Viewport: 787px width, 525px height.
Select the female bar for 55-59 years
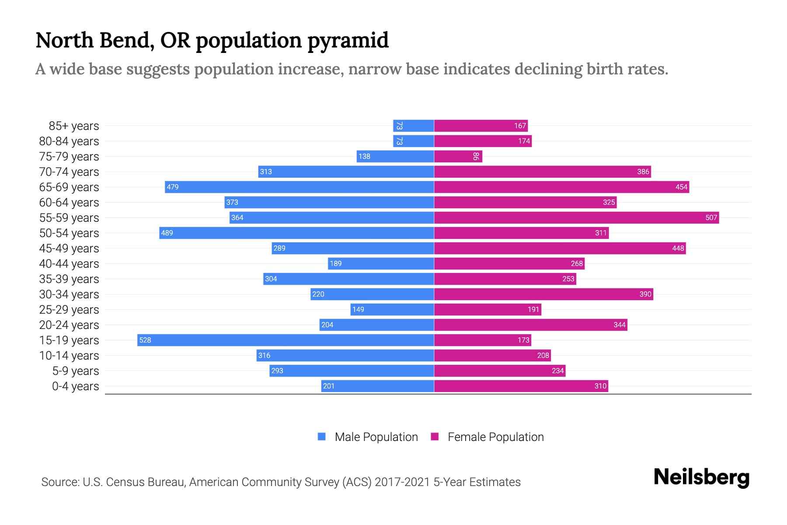tap(576, 217)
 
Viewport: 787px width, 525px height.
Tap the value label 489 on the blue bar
tap(167, 233)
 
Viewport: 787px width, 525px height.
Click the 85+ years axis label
tap(73, 126)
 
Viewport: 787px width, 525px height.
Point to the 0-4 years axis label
tap(75, 386)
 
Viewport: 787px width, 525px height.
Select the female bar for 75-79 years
tap(458, 156)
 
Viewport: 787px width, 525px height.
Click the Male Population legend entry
tap(368, 437)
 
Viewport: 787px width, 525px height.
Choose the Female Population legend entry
tap(487, 437)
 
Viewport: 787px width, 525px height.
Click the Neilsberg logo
tap(701, 477)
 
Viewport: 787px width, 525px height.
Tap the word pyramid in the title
tap(348, 40)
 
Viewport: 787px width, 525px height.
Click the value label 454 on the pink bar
tap(681, 187)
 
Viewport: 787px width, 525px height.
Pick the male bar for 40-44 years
tap(381, 263)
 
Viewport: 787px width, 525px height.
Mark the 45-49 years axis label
tap(69, 248)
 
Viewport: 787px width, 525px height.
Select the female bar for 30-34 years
tap(543, 294)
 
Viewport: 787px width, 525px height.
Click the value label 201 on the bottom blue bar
tap(328, 386)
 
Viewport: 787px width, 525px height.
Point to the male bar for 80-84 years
tap(413, 141)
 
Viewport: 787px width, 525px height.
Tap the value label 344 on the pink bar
tap(619, 325)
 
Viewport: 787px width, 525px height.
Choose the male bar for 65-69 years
tap(299, 187)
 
